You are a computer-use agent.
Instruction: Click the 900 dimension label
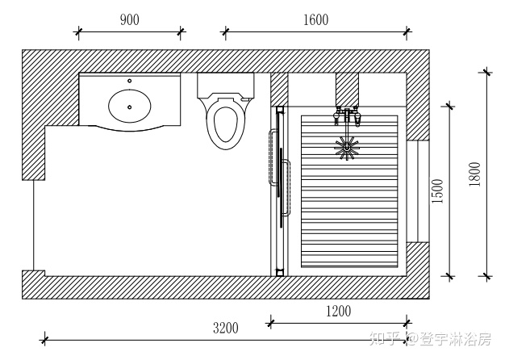tap(130, 20)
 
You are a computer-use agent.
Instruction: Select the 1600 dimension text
tap(316, 20)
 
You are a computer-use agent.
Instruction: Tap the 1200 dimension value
tap(339, 312)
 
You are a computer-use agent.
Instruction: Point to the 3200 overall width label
tap(226, 328)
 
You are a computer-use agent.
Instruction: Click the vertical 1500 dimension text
tap(438, 190)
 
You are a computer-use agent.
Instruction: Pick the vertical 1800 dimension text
tap(474, 174)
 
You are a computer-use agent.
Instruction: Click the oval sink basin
tap(129, 106)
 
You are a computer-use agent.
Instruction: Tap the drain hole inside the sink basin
tap(129, 107)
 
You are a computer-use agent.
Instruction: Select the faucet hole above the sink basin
tap(129, 81)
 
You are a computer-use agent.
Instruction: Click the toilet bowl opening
tap(225, 124)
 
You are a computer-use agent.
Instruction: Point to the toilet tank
tap(225, 86)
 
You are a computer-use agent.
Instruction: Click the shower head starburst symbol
tap(346, 148)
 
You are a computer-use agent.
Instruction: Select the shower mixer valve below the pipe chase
tap(347, 116)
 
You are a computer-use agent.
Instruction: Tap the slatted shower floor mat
tap(349, 191)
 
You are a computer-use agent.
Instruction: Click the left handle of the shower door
tap(273, 157)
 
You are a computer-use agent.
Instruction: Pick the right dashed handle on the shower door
tap(286, 187)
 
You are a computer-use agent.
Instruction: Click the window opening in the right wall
tap(418, 191)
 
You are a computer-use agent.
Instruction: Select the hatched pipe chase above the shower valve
tap(347, 90)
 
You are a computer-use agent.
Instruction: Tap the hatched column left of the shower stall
tap(279, 90)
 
